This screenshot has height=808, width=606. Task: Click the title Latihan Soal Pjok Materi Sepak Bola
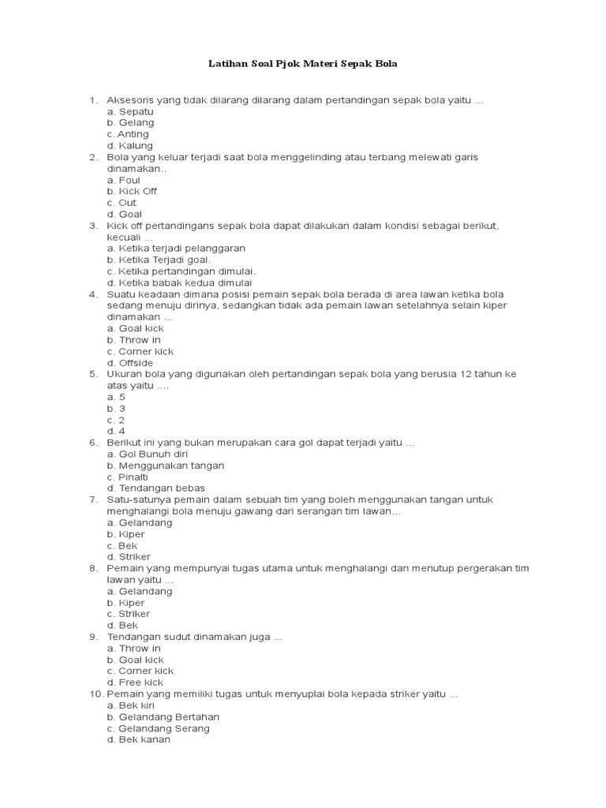pos(302,62)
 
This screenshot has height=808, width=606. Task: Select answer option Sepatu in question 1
pos(130,111)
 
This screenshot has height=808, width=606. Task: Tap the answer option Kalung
pos(130,146)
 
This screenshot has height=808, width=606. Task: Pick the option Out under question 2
pos(122,203)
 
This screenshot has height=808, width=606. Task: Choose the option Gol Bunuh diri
pos(149,454)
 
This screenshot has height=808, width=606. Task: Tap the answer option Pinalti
pos(128,477)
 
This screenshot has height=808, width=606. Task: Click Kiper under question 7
pos(126,534)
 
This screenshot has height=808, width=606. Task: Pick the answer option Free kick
pos(135,683)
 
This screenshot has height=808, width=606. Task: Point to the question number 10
pos(95,694)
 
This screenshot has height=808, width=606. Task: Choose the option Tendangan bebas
pos(151,488)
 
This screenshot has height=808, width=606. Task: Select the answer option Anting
pos(128,134)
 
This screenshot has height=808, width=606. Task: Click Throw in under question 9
pos(134,648)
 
